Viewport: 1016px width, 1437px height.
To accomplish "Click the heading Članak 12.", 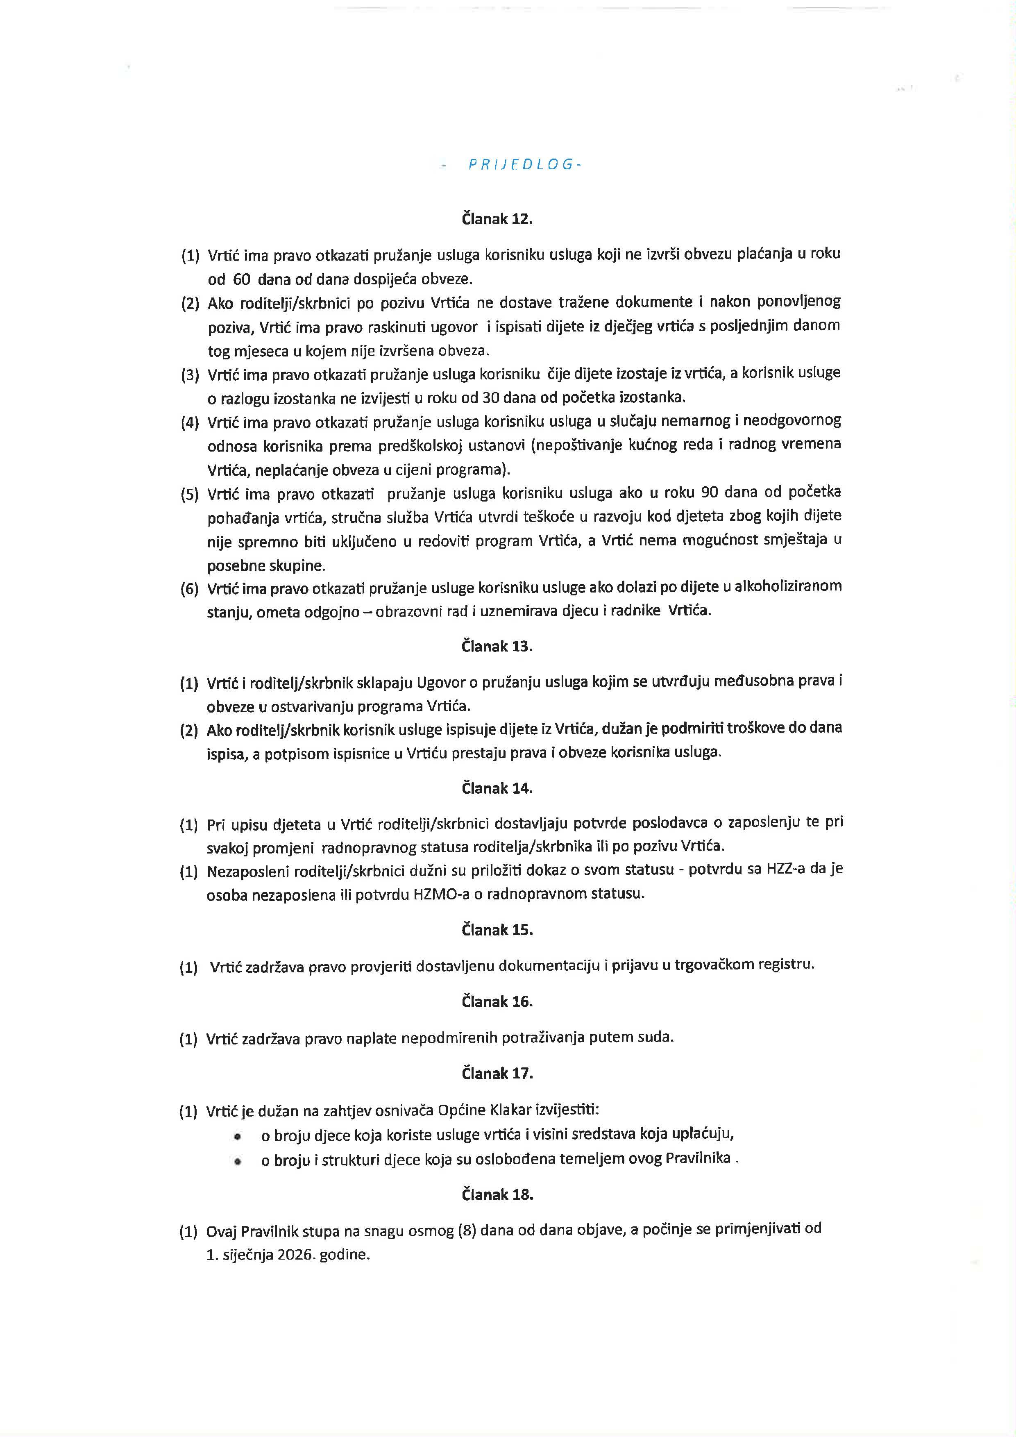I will (497, 219).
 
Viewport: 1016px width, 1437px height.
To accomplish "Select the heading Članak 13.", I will (497, 647).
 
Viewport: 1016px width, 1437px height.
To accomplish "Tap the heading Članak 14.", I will (497, 788).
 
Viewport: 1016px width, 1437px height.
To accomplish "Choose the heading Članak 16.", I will (497, 1001).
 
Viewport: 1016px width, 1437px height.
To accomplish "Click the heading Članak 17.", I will (497, 1074).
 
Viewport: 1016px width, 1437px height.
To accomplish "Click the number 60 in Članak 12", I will (241, 279).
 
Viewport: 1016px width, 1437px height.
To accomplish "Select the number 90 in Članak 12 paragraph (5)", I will (710, 492).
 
